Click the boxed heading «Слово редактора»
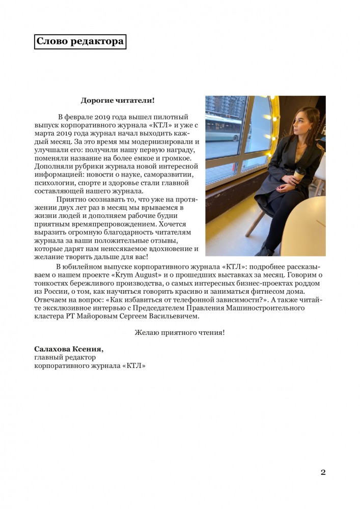point(80,42)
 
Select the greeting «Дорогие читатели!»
point(118,100)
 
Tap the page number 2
point(323,472)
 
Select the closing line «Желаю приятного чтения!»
point(180,332)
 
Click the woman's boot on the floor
point(265,249)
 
